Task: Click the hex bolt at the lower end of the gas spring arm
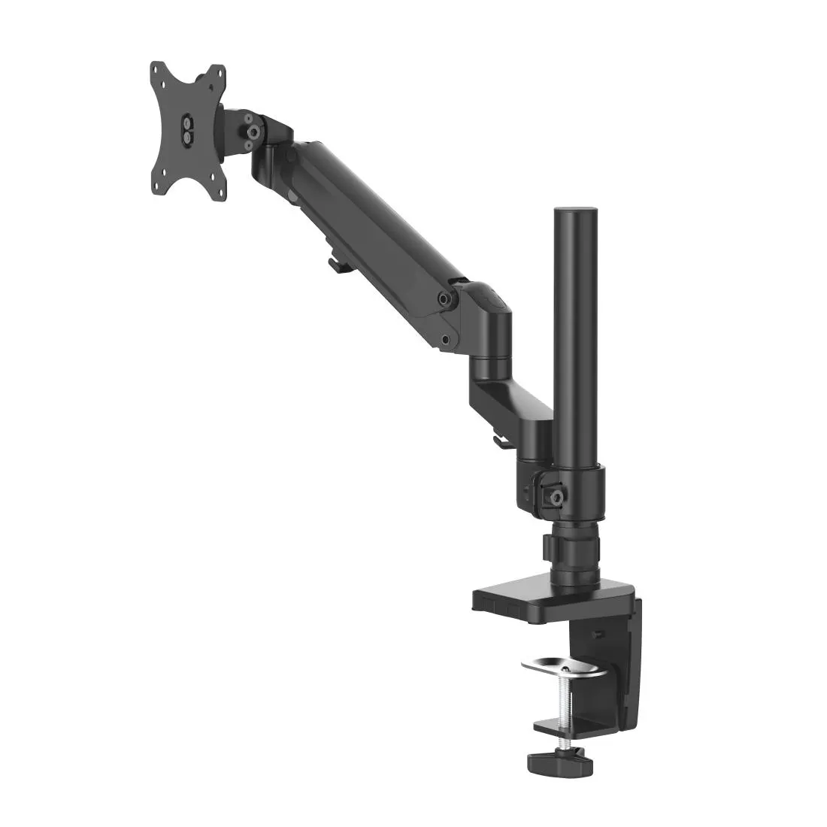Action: coord(449,298)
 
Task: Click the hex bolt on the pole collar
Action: coord(557,497)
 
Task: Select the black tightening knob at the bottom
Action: coord(558,762)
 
